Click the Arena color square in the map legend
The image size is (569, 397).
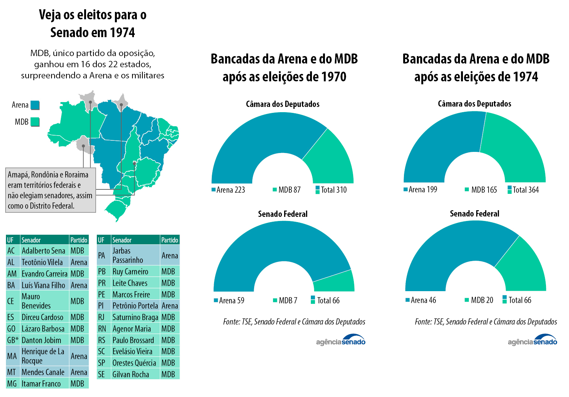35,105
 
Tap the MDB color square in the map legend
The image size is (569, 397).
35,122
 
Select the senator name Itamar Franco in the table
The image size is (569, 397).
41,384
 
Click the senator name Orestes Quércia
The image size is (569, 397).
134,363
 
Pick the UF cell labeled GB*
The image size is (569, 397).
13,340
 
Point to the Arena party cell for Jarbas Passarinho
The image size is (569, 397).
170,256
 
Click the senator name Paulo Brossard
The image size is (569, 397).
133,340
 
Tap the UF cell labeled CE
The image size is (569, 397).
11,301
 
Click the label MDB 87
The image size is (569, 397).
289,190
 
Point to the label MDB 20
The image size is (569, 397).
481,300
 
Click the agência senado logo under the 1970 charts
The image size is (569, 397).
341,340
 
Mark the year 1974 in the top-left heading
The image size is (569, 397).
122,33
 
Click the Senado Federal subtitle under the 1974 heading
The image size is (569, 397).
474,214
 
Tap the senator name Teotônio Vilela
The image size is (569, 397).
42,262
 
